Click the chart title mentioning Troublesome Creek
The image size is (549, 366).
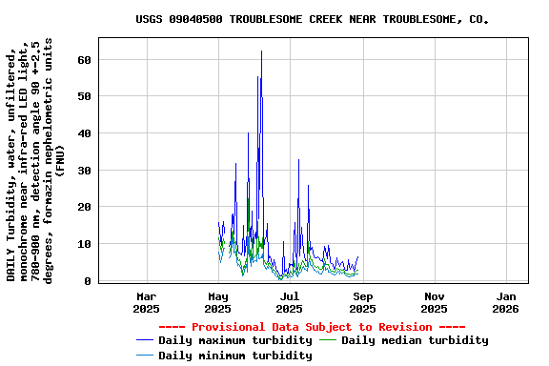[312, 19]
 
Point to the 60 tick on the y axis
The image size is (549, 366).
[84, 59]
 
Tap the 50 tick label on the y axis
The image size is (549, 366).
[84, 96]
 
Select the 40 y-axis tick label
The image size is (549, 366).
[84, 133]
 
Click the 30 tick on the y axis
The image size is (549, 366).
[84, 171]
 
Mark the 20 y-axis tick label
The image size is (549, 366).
[84, 207]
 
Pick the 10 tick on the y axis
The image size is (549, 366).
[84, 244]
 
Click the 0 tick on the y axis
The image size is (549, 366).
[88, 281]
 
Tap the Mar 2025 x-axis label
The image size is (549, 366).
[147, 302]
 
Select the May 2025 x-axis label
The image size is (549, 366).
[218, 302]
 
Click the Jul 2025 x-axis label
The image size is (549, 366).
[290, 302]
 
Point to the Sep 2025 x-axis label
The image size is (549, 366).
[362, 302]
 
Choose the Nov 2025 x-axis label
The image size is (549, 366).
[434, 302]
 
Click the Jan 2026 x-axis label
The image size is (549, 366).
[505, 302]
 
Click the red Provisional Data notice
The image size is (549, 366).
[312, 326]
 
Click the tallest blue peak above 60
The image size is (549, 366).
[261, 52]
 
